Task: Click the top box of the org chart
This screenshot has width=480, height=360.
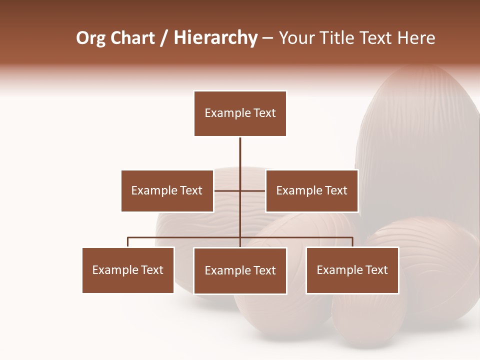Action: point(240,113)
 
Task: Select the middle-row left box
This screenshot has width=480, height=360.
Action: point(167,190)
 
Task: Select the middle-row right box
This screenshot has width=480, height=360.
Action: point(311,190)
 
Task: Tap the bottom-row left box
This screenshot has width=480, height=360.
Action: point(128,270)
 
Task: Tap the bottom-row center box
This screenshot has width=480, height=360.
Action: point(240,270)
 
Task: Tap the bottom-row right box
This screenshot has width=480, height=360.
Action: point(352,270)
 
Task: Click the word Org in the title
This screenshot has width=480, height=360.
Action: point(90,38)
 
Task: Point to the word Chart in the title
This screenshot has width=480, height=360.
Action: point(132,38)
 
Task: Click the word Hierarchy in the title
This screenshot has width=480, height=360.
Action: point(215,38)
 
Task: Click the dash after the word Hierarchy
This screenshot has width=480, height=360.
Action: point(267,38)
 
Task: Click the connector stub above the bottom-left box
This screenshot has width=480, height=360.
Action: point(128,242)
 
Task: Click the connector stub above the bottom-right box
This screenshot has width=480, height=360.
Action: point(352,242)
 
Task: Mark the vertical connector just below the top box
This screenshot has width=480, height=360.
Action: point(240,150)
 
